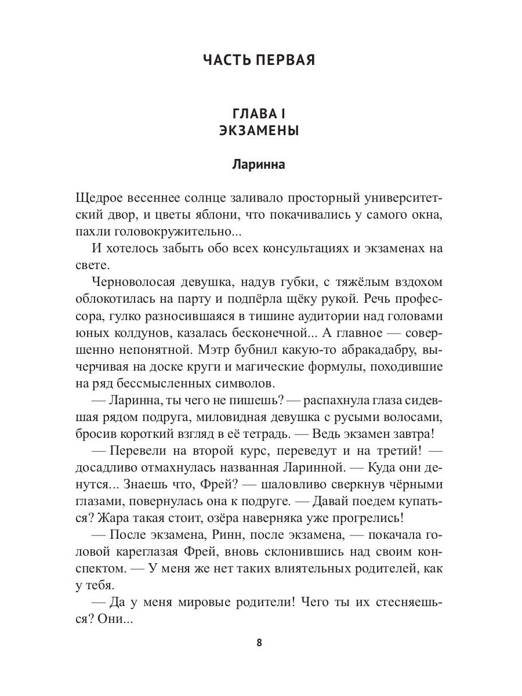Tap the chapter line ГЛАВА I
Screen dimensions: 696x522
[259, 113]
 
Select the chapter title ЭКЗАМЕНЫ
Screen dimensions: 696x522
[259, 131]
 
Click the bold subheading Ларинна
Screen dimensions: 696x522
[259, 164]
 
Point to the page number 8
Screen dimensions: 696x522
[259, 643]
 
